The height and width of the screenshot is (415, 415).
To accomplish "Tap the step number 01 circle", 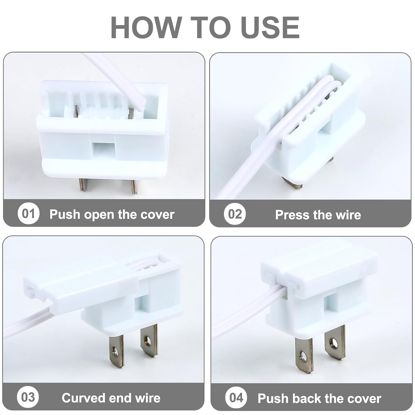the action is (x=28, y=214).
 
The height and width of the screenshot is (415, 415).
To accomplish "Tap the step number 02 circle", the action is (x=235, y=214).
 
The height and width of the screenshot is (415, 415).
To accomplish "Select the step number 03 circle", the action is (x=28, y=397).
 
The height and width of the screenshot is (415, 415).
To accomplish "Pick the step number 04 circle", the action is (x=236, y=398).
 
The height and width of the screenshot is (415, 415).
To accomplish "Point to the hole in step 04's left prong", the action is (x=304, y=355).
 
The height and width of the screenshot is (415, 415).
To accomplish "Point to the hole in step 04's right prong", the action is (x=334, y=343).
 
